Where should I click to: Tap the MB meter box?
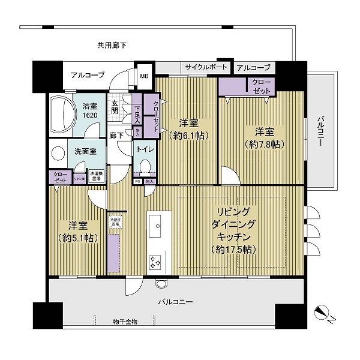pos(145,76)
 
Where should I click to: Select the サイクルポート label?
pos(206,67)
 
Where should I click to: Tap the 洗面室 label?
pos(86,152)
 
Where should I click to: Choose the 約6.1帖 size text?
pos(188,136)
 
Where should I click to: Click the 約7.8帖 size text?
pos(265,144)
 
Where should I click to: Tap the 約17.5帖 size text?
pos(234,249)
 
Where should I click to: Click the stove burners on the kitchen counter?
pos(155,262)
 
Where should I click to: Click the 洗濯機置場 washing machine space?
pos(96,175)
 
